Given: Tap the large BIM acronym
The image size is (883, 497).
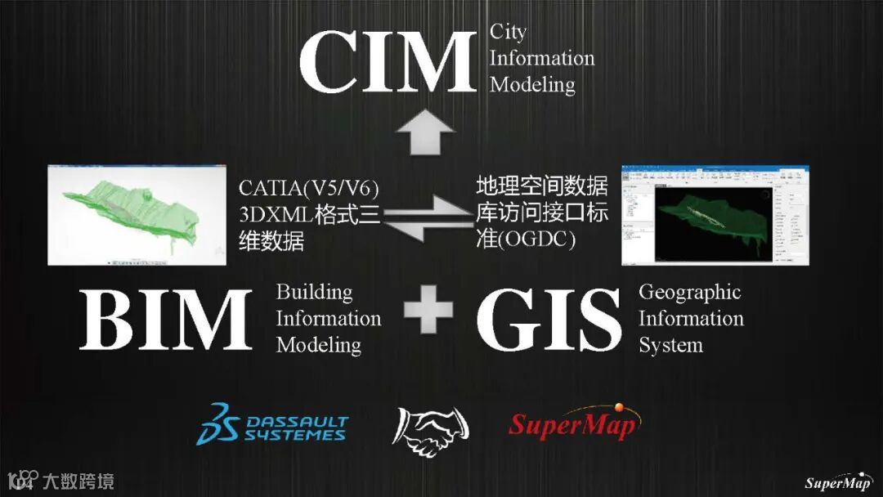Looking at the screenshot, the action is pyautogui.click(x=165, y=318).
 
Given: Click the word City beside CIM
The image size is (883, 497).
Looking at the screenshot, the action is pyautogui.click(x=508, y=32).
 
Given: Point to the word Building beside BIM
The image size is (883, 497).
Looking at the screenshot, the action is pyautogui.click(x=314, y=292).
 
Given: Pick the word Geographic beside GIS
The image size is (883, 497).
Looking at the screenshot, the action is pyautogui.click(x=689, y=292).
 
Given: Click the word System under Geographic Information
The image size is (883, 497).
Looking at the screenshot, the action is pyautogui.click(x=670, y=345).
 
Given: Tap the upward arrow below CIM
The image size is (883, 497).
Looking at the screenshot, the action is pyautogui.click(x=424, y=132).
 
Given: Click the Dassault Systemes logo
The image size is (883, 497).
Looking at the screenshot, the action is pyautogui.click(x=271, y=424).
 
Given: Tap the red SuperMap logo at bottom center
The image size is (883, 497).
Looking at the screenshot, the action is pyautogui.click(x=573, y=423).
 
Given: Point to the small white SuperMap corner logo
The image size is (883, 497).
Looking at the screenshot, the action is pyautogui.click(x=838, y=481).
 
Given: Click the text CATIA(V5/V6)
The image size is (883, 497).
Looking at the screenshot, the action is pyautogui.click(x=309, y=188).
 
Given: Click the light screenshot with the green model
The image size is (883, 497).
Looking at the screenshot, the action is pyautogui.click(x=136, y=214).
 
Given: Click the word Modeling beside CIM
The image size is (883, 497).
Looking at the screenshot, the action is pyautogui.click(x=531, y=85).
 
